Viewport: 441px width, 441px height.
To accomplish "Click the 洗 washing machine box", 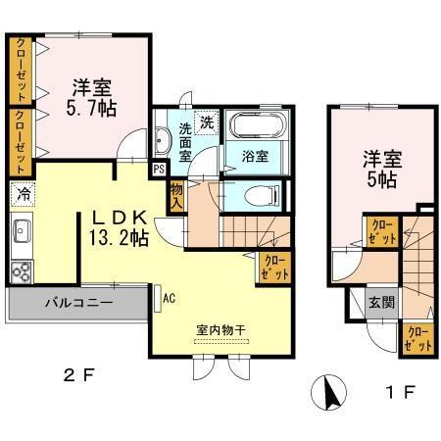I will click(x=206, y=123).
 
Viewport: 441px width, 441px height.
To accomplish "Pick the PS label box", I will click(x=159, y=169).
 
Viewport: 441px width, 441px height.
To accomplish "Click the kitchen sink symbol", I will click(x=22, y=234).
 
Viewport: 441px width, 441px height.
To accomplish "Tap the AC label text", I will click(x=169, y=296).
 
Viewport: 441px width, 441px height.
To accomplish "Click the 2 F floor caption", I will click(x=80, y=372).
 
